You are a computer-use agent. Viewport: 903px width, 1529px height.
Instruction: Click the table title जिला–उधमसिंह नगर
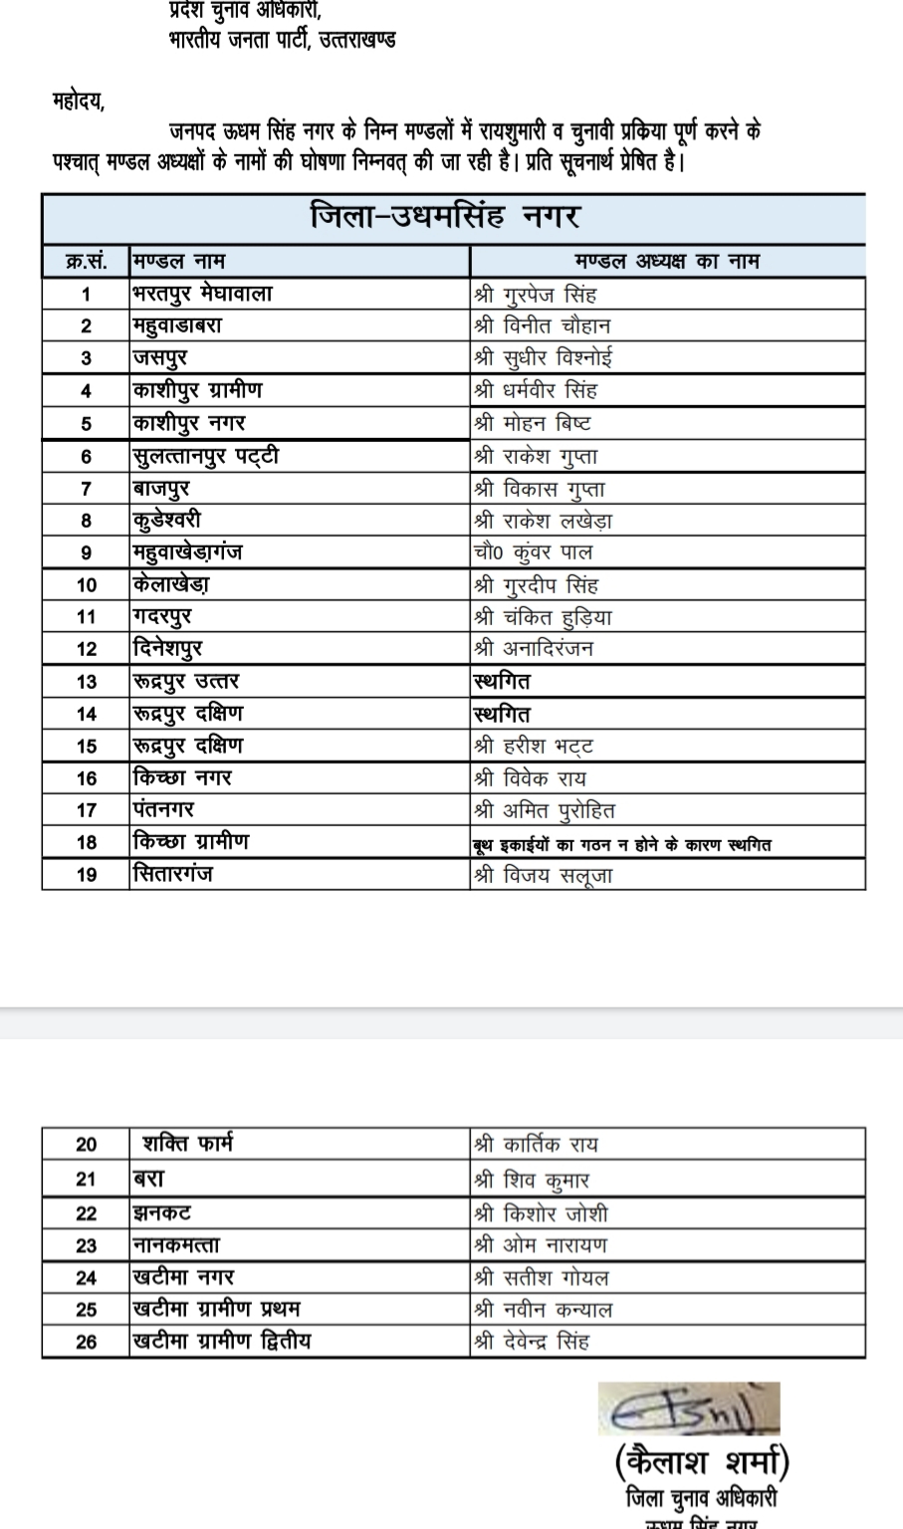pos(444,216)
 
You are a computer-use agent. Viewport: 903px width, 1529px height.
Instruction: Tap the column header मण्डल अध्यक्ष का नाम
pos(667,262)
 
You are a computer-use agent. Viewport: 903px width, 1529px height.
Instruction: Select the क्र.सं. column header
pos(86,262)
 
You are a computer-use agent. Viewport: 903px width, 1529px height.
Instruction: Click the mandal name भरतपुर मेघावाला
pos(202,294)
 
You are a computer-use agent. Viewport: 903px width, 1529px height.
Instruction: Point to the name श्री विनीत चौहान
pos(543,326)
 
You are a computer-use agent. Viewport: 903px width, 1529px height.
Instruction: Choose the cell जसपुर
pos(160,357)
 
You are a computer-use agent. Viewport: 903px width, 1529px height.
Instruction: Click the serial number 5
pos(86,424)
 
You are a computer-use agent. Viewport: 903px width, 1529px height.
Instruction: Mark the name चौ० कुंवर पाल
pos(533,552)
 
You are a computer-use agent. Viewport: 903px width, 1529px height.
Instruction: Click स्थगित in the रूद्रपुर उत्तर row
pos(502,682)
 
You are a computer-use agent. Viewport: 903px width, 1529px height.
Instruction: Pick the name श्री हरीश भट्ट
pos(534,747)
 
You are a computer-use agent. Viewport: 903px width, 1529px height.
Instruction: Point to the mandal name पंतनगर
pos(163,810)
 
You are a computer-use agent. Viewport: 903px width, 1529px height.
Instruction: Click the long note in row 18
pos(622,845)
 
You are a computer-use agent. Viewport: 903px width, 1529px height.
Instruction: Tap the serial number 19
pos(86,875)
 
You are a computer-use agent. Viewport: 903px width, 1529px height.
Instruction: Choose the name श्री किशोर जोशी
pos(541,1213)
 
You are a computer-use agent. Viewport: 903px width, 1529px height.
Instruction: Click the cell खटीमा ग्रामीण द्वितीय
pos(222,1341)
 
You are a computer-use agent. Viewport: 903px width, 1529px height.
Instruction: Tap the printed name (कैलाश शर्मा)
pos(703,1462)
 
